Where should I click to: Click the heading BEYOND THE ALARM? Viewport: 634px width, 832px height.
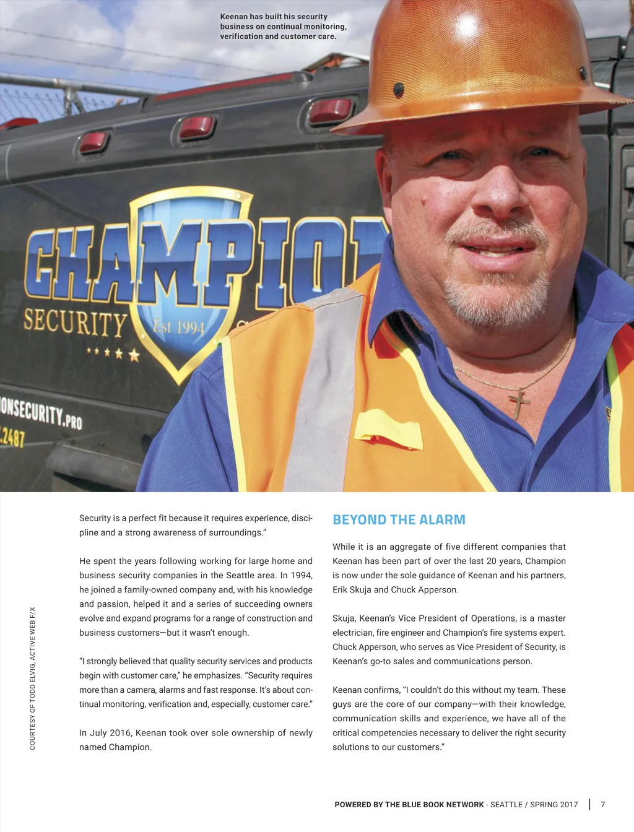point(399,520)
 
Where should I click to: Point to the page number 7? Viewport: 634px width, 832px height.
point(602,805)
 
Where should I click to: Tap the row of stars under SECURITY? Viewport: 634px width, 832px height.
point(113,353)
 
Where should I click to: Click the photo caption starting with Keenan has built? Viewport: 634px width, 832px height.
point(283,27)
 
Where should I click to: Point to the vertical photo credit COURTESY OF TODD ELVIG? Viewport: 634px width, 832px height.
point(33,678)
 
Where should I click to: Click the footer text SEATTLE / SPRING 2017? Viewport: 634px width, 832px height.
point(534,805)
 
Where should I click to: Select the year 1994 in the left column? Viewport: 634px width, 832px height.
point(301,575)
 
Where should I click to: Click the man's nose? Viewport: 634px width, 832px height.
point(495,198)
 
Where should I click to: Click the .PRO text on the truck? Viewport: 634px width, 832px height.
point(72,422)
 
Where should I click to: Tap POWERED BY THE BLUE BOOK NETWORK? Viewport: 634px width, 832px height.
point(409,805)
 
